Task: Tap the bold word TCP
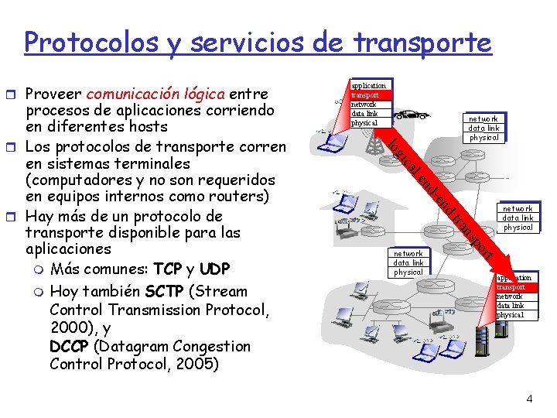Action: coord(168,269)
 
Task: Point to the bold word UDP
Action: coord(214,269)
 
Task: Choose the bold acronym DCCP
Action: coord(69,346)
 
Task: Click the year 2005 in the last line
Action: coord(194,364)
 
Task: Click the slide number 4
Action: coord(529,399)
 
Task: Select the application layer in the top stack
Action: coord(368,85)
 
